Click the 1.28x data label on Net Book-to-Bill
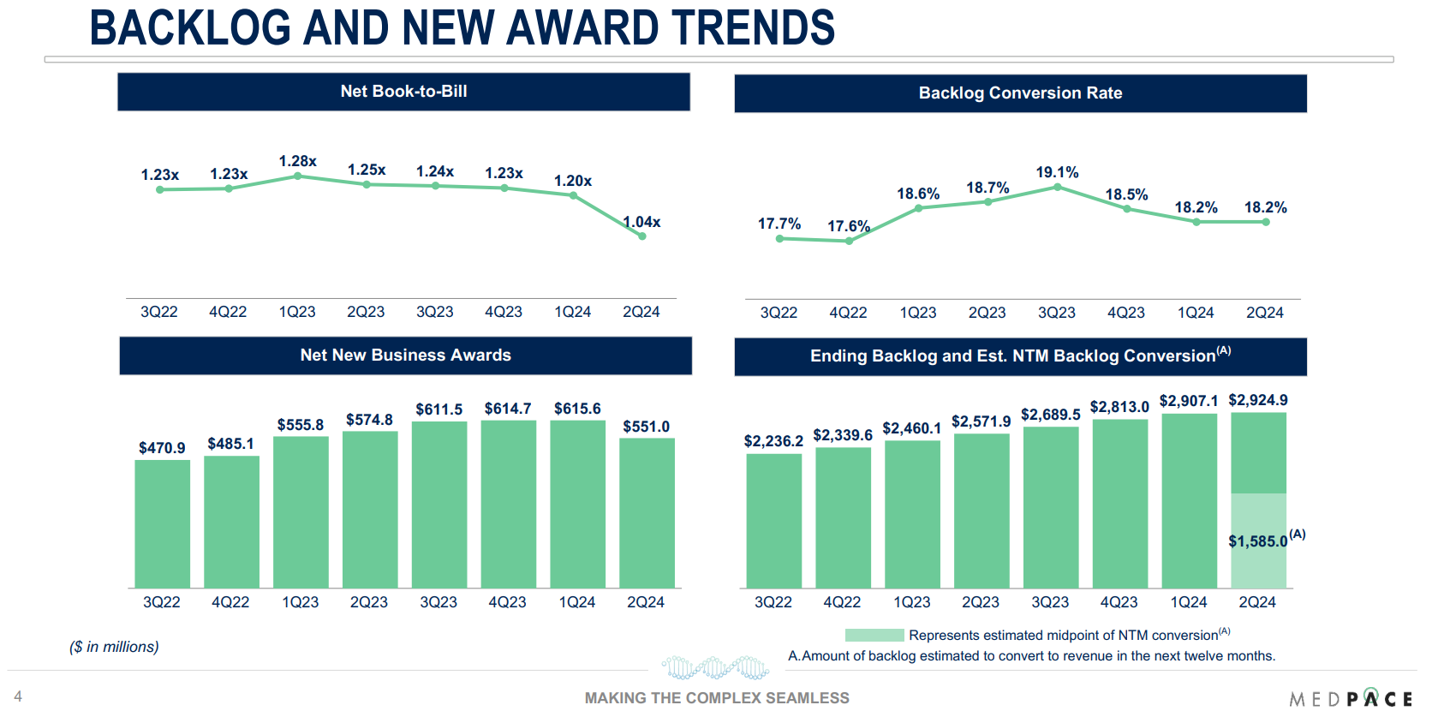click(297, 161)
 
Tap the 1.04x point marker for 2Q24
click(641, 236)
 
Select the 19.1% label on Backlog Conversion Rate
click(1057, 172)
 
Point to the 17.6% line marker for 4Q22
click(849, 241)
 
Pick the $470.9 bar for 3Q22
click(162, 523)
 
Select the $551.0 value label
click(646, 427)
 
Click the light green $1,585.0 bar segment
click(1258, 541)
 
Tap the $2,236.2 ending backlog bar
click(773, 520)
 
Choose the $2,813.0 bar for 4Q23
click(1119, 503)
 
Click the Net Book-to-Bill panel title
click(403, 92)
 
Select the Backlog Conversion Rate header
click(1020, 93)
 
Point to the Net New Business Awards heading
click(405, 356)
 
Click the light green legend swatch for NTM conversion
click(874, 635)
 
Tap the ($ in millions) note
click(114, 647)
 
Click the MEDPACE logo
click(1350, 699)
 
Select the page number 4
click(18, 696)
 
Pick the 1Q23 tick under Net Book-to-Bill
click(297, 312)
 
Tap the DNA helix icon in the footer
click(715, 667)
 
